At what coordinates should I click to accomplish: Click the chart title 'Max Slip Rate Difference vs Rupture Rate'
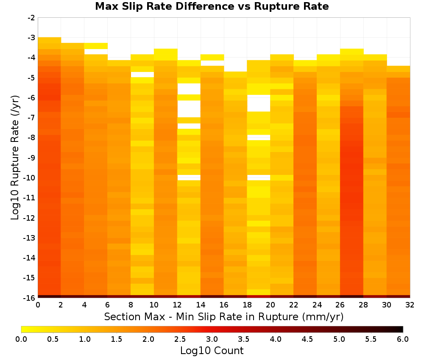click(212, 6)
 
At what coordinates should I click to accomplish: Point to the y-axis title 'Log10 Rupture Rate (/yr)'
click(15, 158)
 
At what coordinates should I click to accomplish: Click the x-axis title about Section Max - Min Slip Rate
click(223, 316)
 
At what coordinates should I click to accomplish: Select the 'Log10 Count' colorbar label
click(212, 351)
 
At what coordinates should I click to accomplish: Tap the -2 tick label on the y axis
click(31, 18)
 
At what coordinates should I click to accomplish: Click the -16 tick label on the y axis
click(30, 298)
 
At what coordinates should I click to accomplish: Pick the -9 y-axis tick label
click(31, 158)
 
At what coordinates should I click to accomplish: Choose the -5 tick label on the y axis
click(31, 78)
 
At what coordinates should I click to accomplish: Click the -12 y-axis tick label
click(30, 218)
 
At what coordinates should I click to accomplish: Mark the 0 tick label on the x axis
click(38, 305)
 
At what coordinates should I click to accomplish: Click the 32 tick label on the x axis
click(410, 305)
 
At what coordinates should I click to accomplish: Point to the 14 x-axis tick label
click(201, 305)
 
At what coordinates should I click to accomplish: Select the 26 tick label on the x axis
click(340, 305)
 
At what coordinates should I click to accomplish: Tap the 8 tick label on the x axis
click(131, 305)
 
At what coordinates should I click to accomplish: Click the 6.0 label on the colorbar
click(403, 339)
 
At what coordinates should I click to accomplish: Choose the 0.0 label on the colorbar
click(21, 339)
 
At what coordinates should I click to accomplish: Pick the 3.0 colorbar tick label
click(212, 339)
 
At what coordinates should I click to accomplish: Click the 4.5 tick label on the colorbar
click(307, 339)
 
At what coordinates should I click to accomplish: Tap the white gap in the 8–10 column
click(142, 75)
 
